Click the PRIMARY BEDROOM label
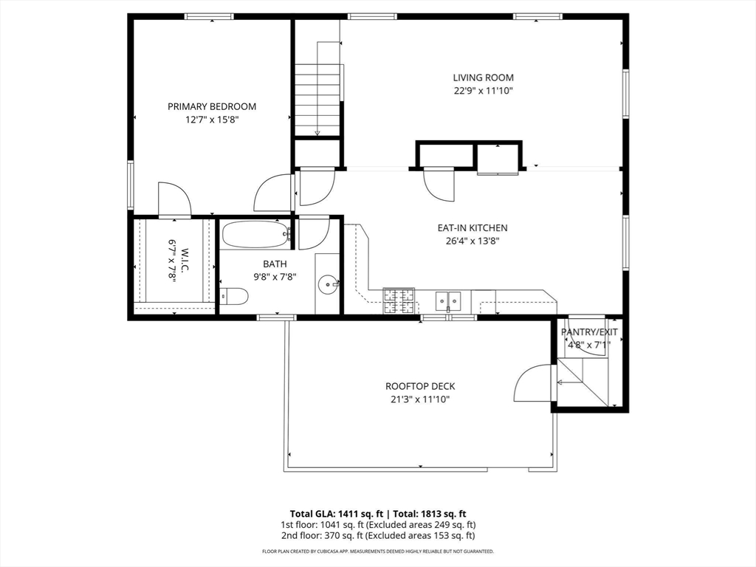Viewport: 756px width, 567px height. point(212,106)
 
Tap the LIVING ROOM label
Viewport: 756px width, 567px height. point(483,78)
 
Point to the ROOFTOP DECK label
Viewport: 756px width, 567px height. point(420,386)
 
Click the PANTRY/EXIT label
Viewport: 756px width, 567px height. point(589,332)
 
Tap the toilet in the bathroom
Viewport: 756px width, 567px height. point(234,297)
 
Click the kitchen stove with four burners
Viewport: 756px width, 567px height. point(399,300)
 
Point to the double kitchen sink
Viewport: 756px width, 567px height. point(448,300)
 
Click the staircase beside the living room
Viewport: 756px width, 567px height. point(317,89)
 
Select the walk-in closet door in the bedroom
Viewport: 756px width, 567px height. point(174,199)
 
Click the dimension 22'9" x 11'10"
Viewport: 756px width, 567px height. point(483,91)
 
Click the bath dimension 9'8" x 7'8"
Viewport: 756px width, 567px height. point(275,278)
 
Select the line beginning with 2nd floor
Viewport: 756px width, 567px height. point(377,536)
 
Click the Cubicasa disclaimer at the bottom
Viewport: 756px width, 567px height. point(377,551)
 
